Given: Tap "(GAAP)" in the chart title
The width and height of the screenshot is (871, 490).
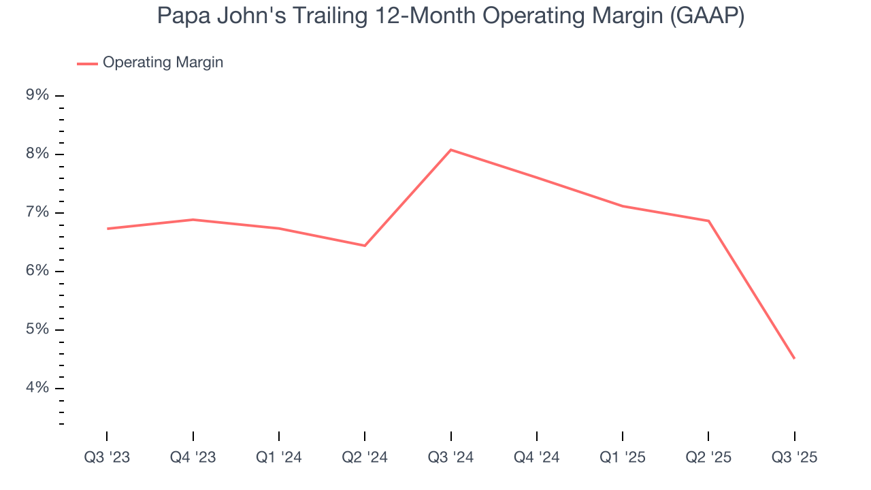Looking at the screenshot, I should pyautogui.click(x=707, y=16).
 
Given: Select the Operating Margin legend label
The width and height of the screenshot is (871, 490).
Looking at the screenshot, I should pyautogui.click(x=163, y=63).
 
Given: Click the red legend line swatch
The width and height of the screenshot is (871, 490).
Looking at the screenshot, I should pyautogui.click(x=87, y=63).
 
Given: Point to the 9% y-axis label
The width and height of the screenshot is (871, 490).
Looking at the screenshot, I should pyautogui.click(x=37, y=95).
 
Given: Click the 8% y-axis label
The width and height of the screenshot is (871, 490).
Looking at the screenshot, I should pyautogui.click(x=37, y=154).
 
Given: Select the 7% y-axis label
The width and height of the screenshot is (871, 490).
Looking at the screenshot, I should pyautogui.click(x=37, y=212).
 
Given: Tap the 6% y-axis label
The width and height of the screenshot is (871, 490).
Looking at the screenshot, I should pyautogui.click(x=37, y=271).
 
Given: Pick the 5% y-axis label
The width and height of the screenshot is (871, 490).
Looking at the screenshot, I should pyautogui.click(x=37, y=329).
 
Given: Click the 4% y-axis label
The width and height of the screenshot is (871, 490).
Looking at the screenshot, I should pyautogui.click(x=37, y=388).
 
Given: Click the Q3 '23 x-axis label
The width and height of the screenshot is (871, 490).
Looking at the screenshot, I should pyautogui.click(x=107, y=458).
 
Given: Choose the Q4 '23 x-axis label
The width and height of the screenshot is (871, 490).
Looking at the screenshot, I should pyautogui.click(x=193, y=458).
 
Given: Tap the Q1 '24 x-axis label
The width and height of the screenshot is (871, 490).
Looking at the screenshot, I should pyautogui.click(x=279, y=458).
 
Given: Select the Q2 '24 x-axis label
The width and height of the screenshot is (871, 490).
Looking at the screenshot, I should pyautogui.click(x=365, y=458).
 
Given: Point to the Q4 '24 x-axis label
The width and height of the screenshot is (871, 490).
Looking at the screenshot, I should pyautogui.click(x=537, y=458).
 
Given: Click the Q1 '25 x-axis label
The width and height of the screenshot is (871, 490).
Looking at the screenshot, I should pyautogui.click(x=623, y=458).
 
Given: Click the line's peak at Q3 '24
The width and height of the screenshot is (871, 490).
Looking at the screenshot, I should pyautogui.click(x=450, y=150).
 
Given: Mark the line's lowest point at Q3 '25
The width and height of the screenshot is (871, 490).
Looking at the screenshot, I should pyautogui.click(x=794, y=358).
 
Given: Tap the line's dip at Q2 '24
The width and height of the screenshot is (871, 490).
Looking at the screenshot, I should pyautogui.click(x=365, y=246).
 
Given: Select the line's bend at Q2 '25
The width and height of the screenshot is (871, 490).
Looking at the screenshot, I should pyautogui.click(x=708, y=220).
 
